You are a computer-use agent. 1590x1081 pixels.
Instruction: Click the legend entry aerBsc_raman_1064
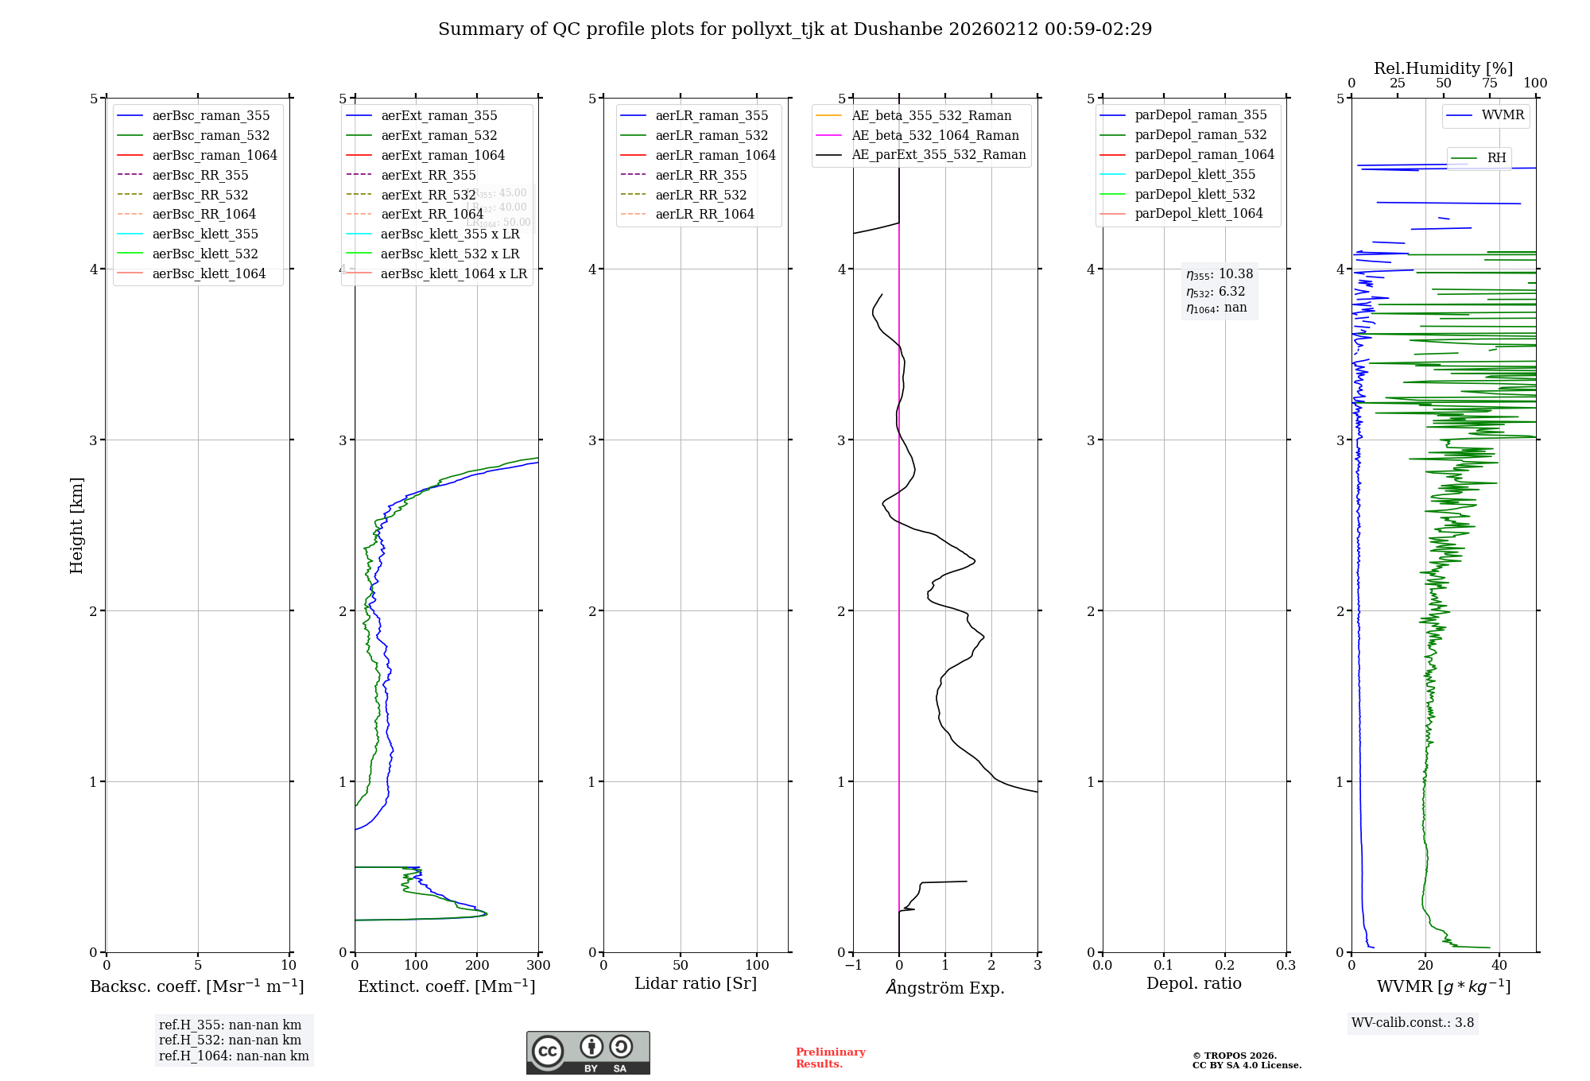click(x=215, y=155)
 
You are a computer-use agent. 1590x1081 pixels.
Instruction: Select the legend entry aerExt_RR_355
click(x=428, y=175)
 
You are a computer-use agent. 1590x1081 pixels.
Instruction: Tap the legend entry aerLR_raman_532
click(x=712, y=135)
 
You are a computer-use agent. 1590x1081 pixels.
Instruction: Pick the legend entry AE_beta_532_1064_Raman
click(x=935, y=135)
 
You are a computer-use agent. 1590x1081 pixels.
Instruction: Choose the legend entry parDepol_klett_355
click(x=1195, y=174)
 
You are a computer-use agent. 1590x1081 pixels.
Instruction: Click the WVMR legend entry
click(x=1503, y=115)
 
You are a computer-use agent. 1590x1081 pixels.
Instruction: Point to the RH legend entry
click(x=1496, y=157)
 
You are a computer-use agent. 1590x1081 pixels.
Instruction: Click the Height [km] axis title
click(x=76, y=525)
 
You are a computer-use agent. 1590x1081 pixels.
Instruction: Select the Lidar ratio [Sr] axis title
click(x=696, y=983)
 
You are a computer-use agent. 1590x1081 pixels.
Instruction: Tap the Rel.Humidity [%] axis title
click(x=1443, y=68)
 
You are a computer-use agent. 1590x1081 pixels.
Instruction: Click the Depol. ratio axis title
click(x=1193, y=983)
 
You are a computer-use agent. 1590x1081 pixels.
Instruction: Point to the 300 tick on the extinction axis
click(x=538, y=965)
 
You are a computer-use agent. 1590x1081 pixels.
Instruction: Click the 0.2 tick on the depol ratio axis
click(x=1225, y=965)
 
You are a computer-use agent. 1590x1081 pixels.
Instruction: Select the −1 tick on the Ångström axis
click(x=853, y=965)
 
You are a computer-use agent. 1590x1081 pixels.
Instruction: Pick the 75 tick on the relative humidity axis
click(x=1489, y=83)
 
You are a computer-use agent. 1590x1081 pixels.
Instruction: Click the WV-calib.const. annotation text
click(x=1413, y=1022)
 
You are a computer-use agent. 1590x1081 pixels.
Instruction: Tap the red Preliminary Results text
click(x=830, y=1057)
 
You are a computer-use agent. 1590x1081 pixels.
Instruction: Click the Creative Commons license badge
click(x=588, y=1052)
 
